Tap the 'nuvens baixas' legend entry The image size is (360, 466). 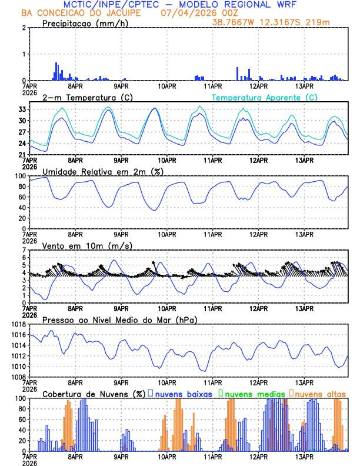pyautogui.click(x=183, y=393)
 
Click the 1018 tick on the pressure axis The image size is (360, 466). pyautogui.click(x=18, y=324)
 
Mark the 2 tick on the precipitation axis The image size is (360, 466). pyautogui.click(x=25, y=28)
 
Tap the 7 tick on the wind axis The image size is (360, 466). pyautogui.click(x=25, y=250)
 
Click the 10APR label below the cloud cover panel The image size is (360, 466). pyautogui.click(x=167, y=456)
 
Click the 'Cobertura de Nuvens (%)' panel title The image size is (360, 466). pyautogui.click(x=94, y=393)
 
